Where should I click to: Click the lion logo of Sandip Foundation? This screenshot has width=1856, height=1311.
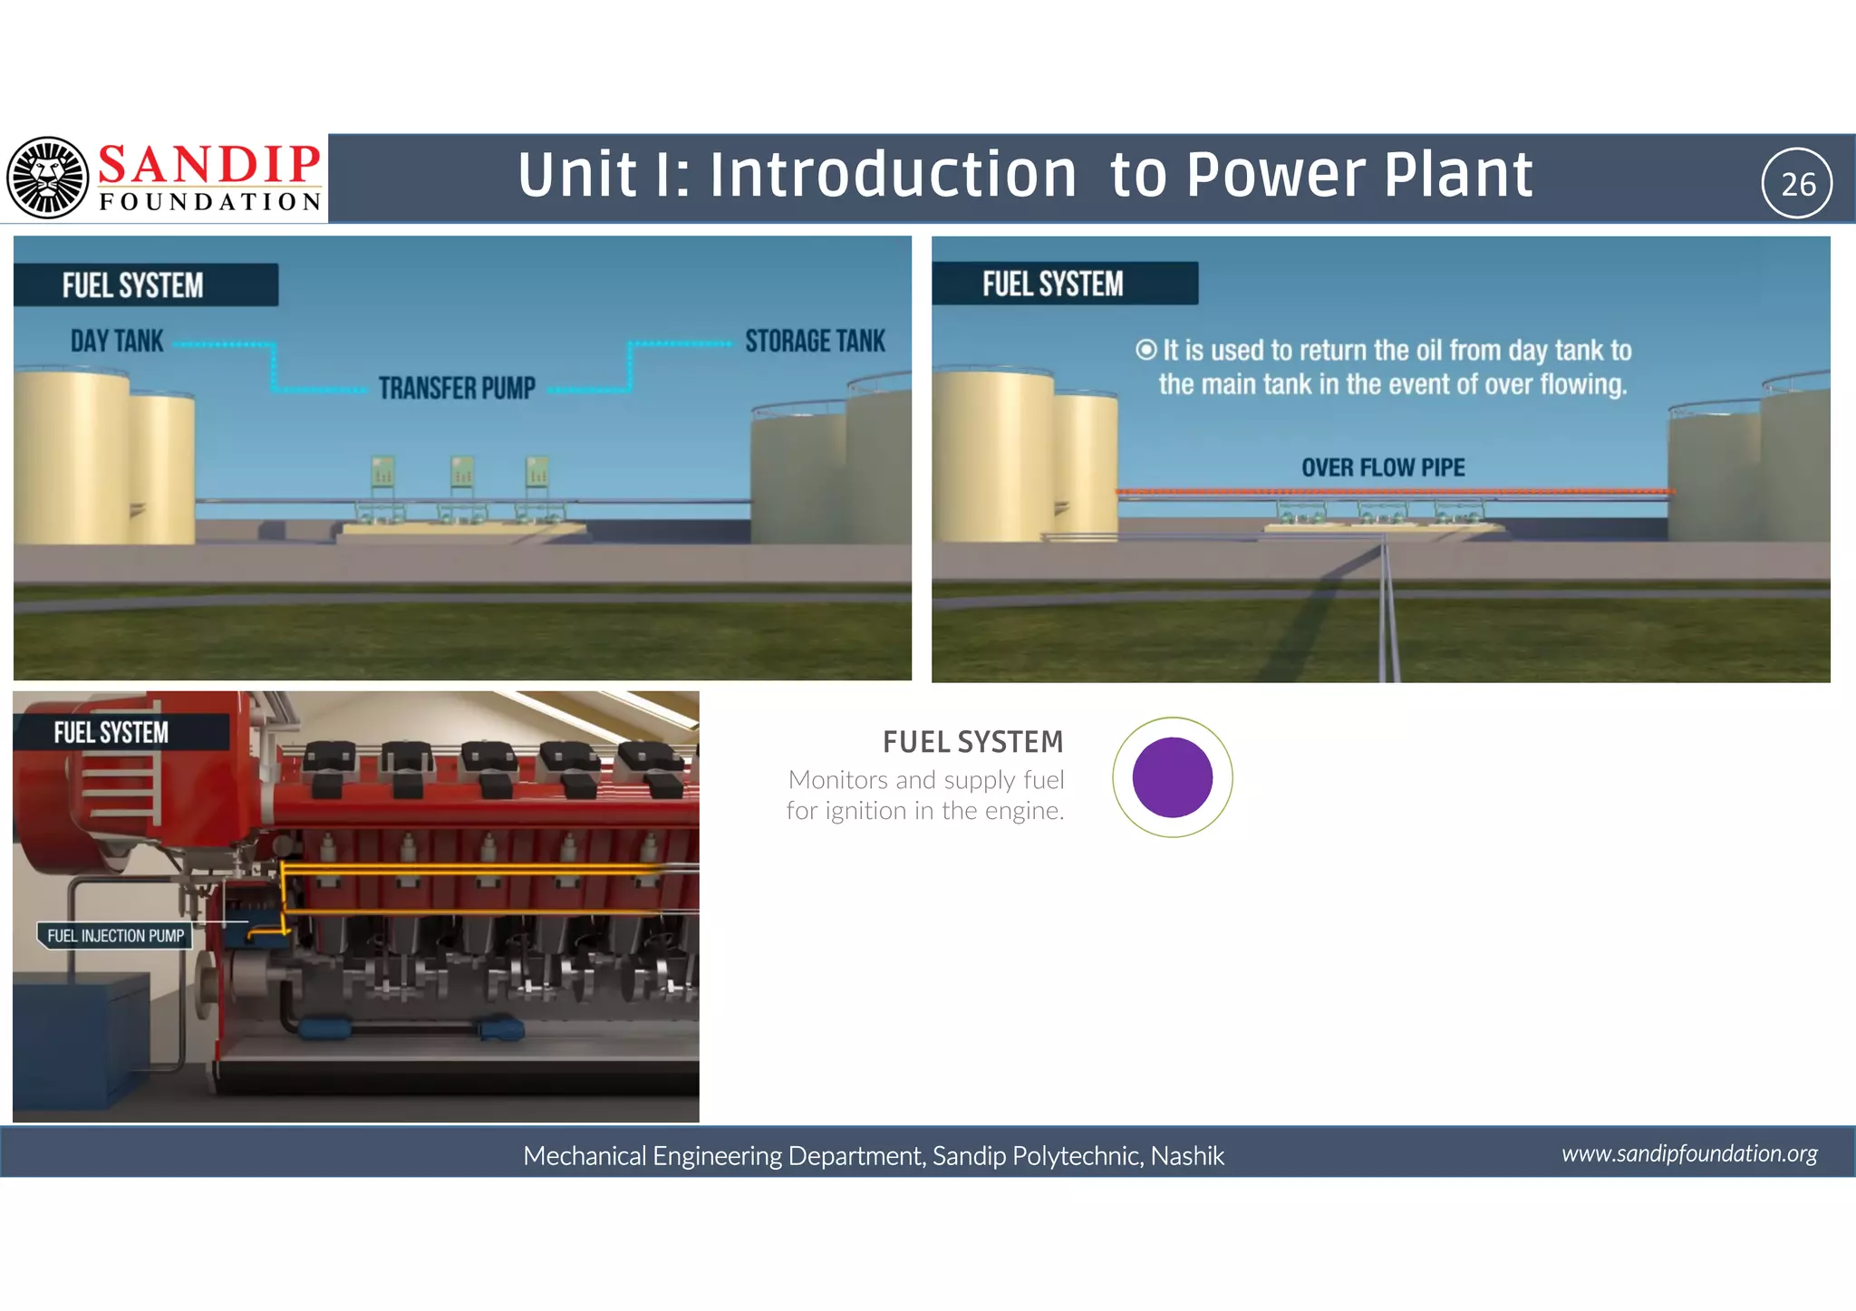(x=47, y=178)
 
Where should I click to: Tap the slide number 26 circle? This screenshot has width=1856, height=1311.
(x=1797, y=184)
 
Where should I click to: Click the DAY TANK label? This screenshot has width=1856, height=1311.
(x=117, y=342)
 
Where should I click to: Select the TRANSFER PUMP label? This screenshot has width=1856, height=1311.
(x=457, y=389)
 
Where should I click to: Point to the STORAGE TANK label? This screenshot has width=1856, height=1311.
(x=815, y=342)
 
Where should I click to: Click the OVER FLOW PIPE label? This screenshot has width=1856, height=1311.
(x=1383, y=468)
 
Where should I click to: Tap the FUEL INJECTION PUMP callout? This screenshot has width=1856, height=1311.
(x=115, y=936)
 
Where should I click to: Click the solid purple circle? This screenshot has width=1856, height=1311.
(x=1172, y=777)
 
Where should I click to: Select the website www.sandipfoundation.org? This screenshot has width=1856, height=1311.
(x=1689, y=1153)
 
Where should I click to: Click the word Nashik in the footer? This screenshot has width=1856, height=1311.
(x=1187, y=1156)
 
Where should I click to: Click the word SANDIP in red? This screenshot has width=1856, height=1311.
(x=208, y=165)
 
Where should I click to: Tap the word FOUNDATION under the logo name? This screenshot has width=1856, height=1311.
(x=210, y=202)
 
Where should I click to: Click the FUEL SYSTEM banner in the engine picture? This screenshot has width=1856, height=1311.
(x=111, y=732)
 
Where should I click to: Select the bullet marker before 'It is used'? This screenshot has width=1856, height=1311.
(x=1146, y=350)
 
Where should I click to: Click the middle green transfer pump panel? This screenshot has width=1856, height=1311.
(x=462, y=471)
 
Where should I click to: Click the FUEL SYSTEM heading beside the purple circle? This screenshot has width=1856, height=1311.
(x=972, y=742)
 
